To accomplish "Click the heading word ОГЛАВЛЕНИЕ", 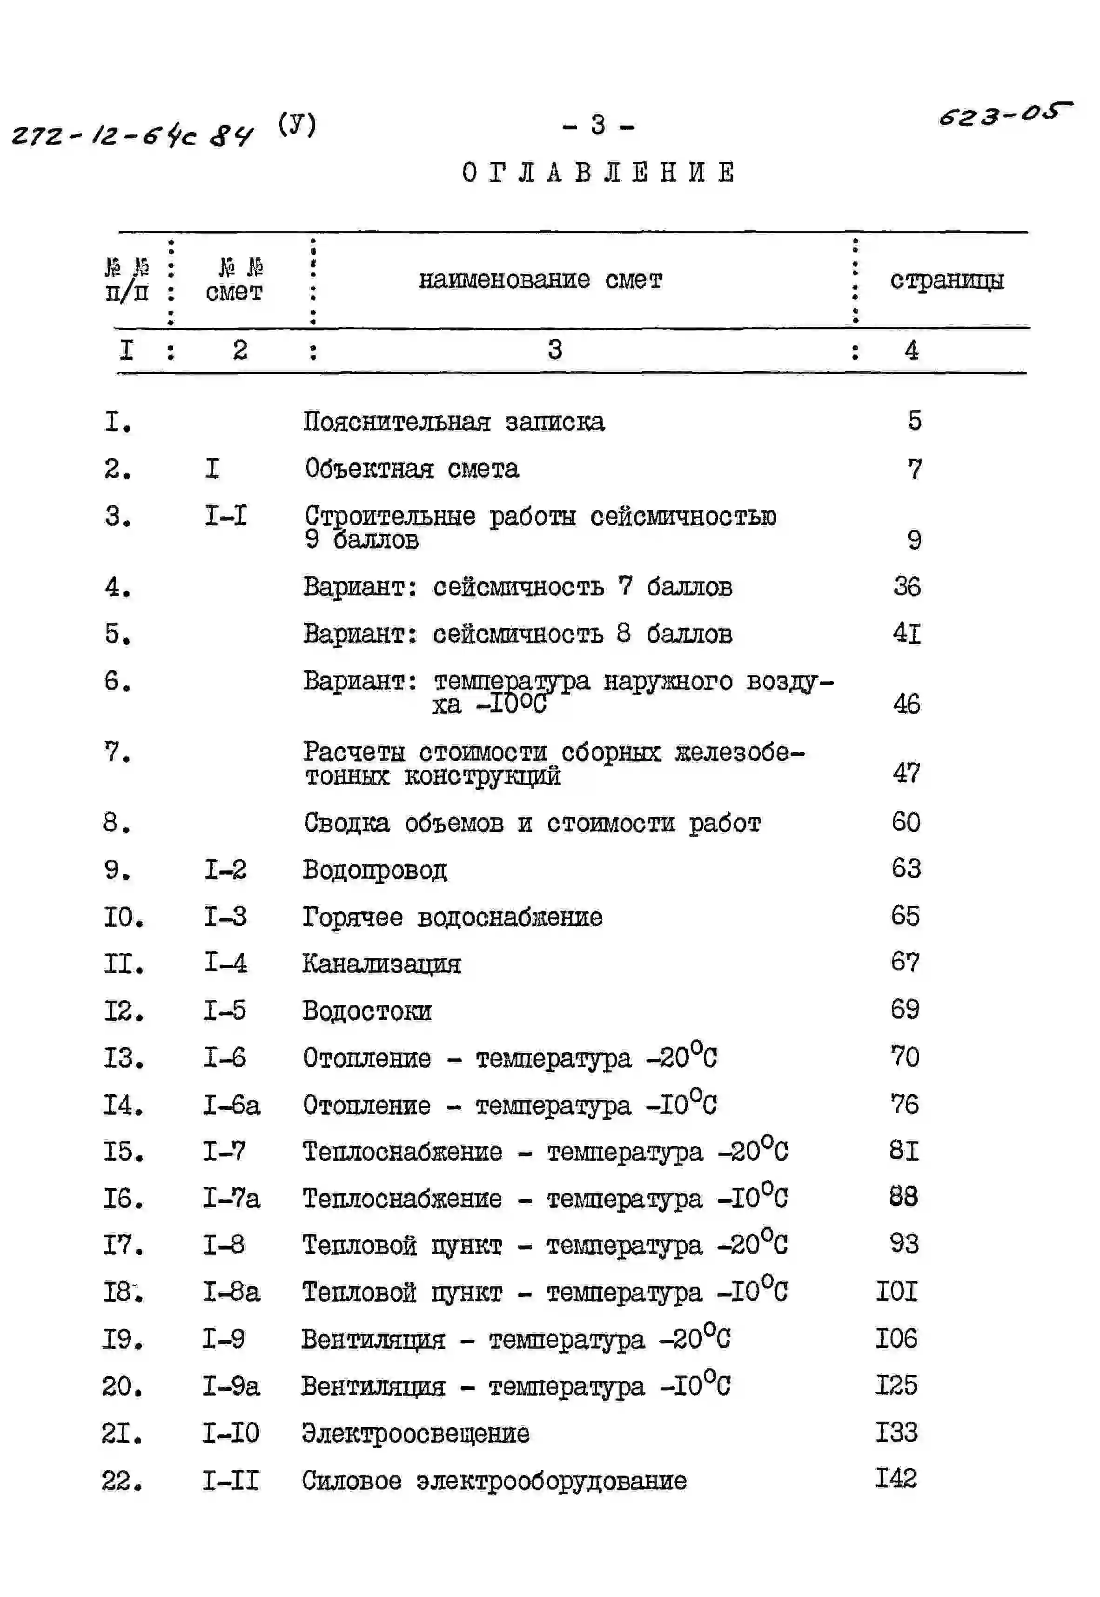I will click(x=598, y=172).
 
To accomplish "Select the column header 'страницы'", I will click(x=946, y=280).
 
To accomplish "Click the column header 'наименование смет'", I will click(x=540, y=280).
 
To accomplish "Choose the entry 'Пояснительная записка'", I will click(x=454, y=421).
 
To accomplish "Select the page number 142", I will click(x=896, y=1478).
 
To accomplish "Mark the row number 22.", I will click(x=122, y=1481).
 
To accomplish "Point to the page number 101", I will click(x=896, y=1291).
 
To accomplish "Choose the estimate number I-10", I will click(x=230, y=1433).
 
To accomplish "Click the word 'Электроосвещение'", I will click(x=416, y=1434).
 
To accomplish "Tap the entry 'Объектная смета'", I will click(x=411, y=468).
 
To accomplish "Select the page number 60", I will click(x=905, y=822).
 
